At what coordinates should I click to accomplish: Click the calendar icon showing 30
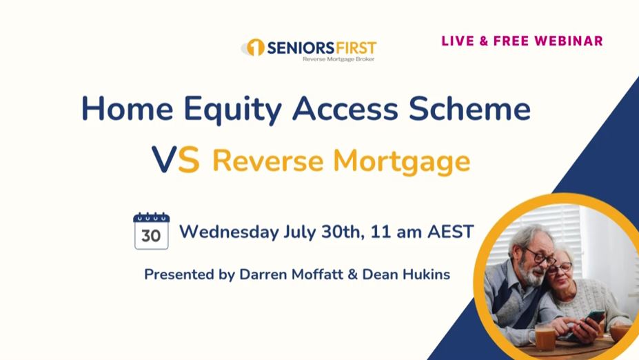(151, 231)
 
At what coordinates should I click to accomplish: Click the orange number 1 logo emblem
(256, 48)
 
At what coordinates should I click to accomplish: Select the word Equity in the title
(232, 109)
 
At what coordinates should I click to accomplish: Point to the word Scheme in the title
(470, 108)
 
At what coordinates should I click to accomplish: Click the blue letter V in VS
(164, 159)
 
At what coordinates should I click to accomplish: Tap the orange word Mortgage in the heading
(401, 162)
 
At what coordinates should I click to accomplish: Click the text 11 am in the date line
(396, 232)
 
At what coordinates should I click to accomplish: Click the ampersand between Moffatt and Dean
(352, 274)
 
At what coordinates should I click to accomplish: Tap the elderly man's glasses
(540, 257)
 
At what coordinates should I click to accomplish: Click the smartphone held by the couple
(591, 321)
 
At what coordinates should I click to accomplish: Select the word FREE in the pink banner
(511, 41)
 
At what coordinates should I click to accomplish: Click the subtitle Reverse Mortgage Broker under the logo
(338, 59)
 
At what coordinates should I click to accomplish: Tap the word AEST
(450, 232)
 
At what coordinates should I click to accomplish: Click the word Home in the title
(128, 108)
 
